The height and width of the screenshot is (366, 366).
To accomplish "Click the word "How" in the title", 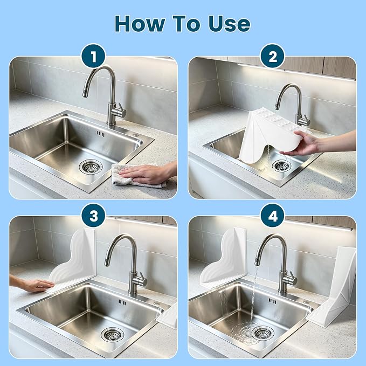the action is (140, 23).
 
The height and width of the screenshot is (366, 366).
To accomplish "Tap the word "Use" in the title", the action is (230, 23).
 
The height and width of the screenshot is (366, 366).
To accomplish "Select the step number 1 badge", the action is (93, 56).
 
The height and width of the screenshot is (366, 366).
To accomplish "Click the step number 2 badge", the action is (273, 56).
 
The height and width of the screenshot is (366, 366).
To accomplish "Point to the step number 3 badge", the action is (93, 216).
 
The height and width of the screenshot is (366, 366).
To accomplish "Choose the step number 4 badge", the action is (273, 216).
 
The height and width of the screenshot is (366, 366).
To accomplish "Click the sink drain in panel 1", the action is (91, 167).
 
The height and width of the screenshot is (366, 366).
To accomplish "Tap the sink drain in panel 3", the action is (113, 334).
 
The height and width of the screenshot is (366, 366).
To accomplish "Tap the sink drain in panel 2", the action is (281, 165).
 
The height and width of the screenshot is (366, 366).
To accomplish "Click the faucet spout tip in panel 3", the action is (107, 263).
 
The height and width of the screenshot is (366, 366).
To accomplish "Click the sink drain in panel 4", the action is (263, 333).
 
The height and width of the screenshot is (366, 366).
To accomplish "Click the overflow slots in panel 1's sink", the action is (101, 134).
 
